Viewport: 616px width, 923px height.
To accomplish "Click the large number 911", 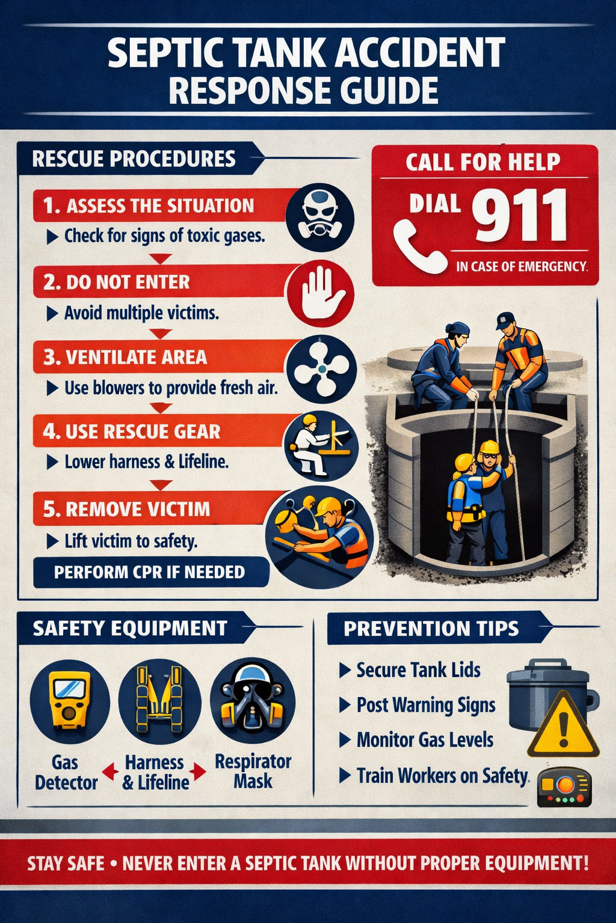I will tap(519, 215).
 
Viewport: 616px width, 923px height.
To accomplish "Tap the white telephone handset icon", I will tap(419, 246).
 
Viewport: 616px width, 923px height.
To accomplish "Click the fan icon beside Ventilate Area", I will tap(321, 368).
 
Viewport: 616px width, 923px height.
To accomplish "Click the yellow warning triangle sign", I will tap(563, 727).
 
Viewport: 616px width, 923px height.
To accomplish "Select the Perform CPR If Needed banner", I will tap(150, 571).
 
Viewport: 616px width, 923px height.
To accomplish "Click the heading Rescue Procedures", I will tap(134, 159).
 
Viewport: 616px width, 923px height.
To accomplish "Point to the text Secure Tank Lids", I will tap(418, 670).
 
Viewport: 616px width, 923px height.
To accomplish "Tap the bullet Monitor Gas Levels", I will tap(424, 740).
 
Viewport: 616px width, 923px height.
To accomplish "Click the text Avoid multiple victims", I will tap(141, 313).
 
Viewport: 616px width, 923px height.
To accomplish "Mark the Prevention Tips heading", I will tap(431, 629).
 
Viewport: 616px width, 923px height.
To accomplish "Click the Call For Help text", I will tap(482, 162).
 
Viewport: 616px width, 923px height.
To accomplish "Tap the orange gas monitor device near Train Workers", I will tap(564, 786).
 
